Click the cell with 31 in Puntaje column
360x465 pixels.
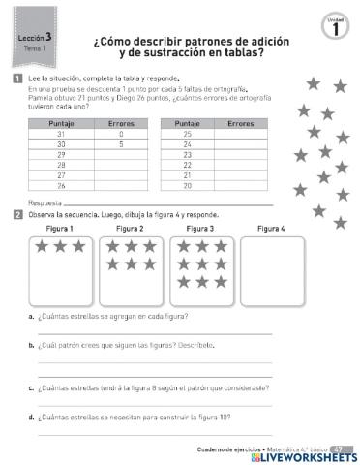[61, 133]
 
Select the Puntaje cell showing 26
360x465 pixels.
[61, 185]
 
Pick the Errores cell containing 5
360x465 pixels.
[121, 143]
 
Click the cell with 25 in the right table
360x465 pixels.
[188, 133]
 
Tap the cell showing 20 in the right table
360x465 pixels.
[188, 185]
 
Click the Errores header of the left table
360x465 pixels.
[121, 123]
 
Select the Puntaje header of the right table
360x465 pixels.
[188, 123]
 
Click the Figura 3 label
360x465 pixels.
[199, 228]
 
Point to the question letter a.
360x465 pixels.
[32, 317]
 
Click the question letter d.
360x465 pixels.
[32, 418]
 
